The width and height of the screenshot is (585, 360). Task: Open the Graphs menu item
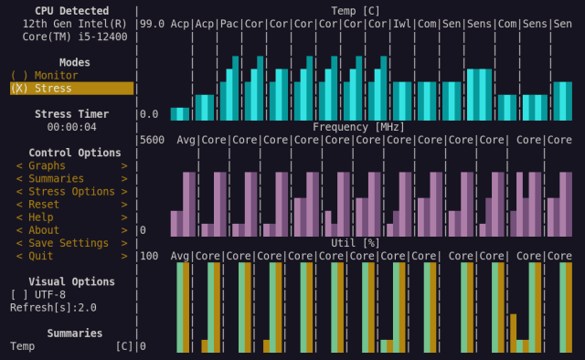click(x=47, y=166)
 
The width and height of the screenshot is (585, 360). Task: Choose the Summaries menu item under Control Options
click(x=56, y=179)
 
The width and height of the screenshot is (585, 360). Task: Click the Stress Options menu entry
click(x=71, y=192)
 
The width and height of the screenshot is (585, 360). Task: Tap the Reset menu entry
click(x=44, y=205)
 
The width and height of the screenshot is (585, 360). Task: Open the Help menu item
click(x=40, y=217)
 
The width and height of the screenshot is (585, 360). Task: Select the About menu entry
click(x=44, y=230)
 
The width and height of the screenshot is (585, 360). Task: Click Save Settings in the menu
click(x=69, y=243)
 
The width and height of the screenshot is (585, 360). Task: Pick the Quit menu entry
click(x=40, y=256)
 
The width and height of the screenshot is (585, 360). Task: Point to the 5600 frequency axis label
click(x=153, y=140)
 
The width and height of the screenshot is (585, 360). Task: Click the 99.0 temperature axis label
click(x=153, y=24)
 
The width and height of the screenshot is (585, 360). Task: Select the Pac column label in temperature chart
click(x=229, y=24)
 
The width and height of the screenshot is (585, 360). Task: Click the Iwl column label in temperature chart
click(x=402, y=24)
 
